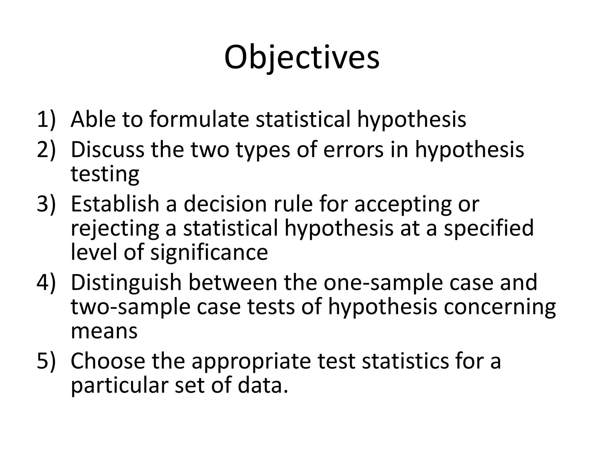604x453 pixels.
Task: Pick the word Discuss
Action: [x=107, y=150]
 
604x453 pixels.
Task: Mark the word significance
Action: [x=209, y=252]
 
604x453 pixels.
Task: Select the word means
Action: [x=104, y=331]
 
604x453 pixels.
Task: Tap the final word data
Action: [x=263, y=385]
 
